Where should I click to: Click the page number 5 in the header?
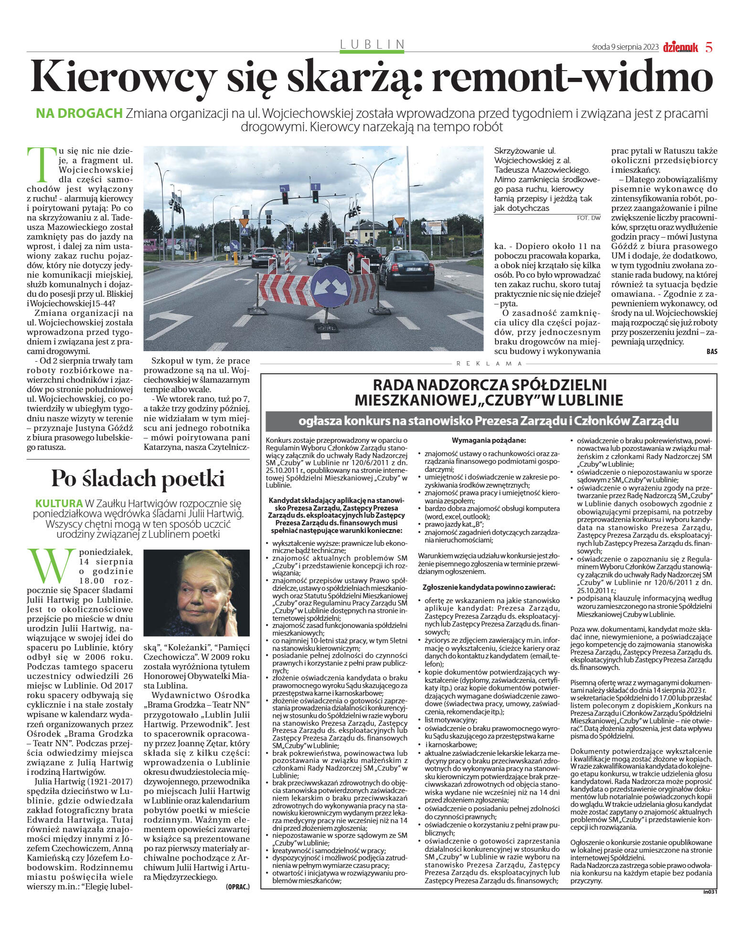[x=709, y=47]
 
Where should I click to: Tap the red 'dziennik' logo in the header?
[x=680, y=47]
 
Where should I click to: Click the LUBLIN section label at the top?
[x=372, y=44]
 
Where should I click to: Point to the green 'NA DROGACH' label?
[x=79, y=114]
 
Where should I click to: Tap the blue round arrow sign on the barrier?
[x=331, y=286]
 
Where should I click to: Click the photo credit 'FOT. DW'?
[x=588, y=218]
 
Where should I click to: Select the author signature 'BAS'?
[x=712, y=352]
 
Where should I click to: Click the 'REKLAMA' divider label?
[x=489, y=364]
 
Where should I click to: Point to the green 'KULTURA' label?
[x=59, y=503]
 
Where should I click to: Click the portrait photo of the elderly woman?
[x=196, y=593]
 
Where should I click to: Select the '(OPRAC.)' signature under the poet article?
[x=237, y=887]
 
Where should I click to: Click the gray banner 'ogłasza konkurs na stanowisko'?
[x=489, y=421]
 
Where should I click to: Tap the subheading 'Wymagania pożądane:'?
[x=489, y=440]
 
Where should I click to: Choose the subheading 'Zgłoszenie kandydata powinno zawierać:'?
[x=489, y=587]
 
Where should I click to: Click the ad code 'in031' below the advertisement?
[x=710, y=891]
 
